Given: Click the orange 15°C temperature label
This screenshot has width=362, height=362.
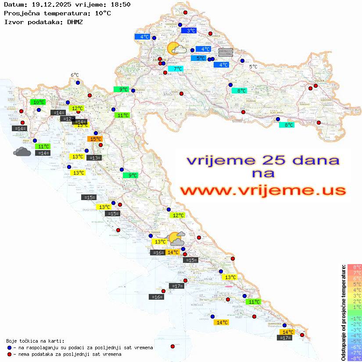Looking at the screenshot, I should point(96,139).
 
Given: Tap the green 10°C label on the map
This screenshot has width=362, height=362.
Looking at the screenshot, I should point(38,102).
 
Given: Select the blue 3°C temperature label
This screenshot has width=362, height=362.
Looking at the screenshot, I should point(189,31).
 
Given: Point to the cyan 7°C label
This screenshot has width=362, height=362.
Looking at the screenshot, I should point(176,69).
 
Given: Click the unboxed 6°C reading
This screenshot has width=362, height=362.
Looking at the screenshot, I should point(75,75).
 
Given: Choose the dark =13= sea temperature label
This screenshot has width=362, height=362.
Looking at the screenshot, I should point(94,158).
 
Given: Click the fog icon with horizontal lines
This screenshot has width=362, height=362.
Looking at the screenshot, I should point(226,52).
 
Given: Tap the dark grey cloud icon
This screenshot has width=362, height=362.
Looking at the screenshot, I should point(22,152).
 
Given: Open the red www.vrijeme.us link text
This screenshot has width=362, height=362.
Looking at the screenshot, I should point(263,191).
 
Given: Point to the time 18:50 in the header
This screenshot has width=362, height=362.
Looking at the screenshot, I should point(121,4).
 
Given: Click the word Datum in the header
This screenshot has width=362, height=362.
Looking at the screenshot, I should point(13,4).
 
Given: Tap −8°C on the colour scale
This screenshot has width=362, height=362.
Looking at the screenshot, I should point(354,358).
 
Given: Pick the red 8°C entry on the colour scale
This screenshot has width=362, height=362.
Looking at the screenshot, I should point(354,267).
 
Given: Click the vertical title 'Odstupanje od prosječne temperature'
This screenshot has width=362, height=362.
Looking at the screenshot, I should point(343,312).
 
